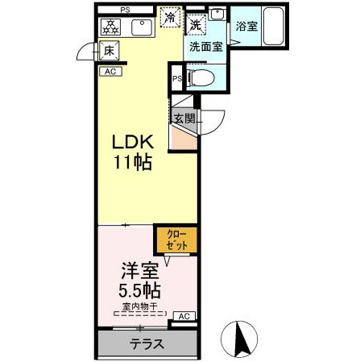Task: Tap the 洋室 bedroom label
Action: pyautogui.click(x=140, y=271)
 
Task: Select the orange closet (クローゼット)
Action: pyautogui.click(x=177, y=240)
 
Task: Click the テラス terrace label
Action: pyautogui.click(x=147, y=344)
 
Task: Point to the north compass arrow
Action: pyautogui.click(x=239, y=339)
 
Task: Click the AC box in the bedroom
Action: pyautogui.click(x=184, y=316)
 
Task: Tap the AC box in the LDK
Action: pyautogui.click(x=110, y=72)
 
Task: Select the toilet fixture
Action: pyautogui.click(x=201, y=78)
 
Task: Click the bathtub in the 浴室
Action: pyautogui.click(x=273, y=26)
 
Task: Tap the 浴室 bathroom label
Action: pyautogui.click(x=246, y=27)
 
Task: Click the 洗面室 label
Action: pyautogui.click(x=206, y=47)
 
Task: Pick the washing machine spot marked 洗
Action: pyautogui.click(x=197, y=25)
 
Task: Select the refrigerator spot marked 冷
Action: pyautogui.click(x=170, y=17)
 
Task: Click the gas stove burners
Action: pyautogui.click(x=110, y=27)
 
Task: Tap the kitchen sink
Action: pyautogui.click(x=142, y=27)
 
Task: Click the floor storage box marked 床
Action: pyautogui.click(x=109, y=51)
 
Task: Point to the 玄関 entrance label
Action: pyautogui.click(x=184, y=119)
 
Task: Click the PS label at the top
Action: pyautogui.click(x=125, y=10)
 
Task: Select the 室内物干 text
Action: pyautogui.click(x=140, y=306)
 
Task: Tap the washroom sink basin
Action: pyautogui.click(x=217, y=14)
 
